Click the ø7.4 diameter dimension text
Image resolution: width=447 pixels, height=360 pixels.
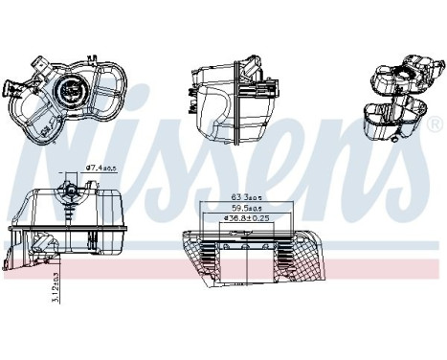101,169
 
